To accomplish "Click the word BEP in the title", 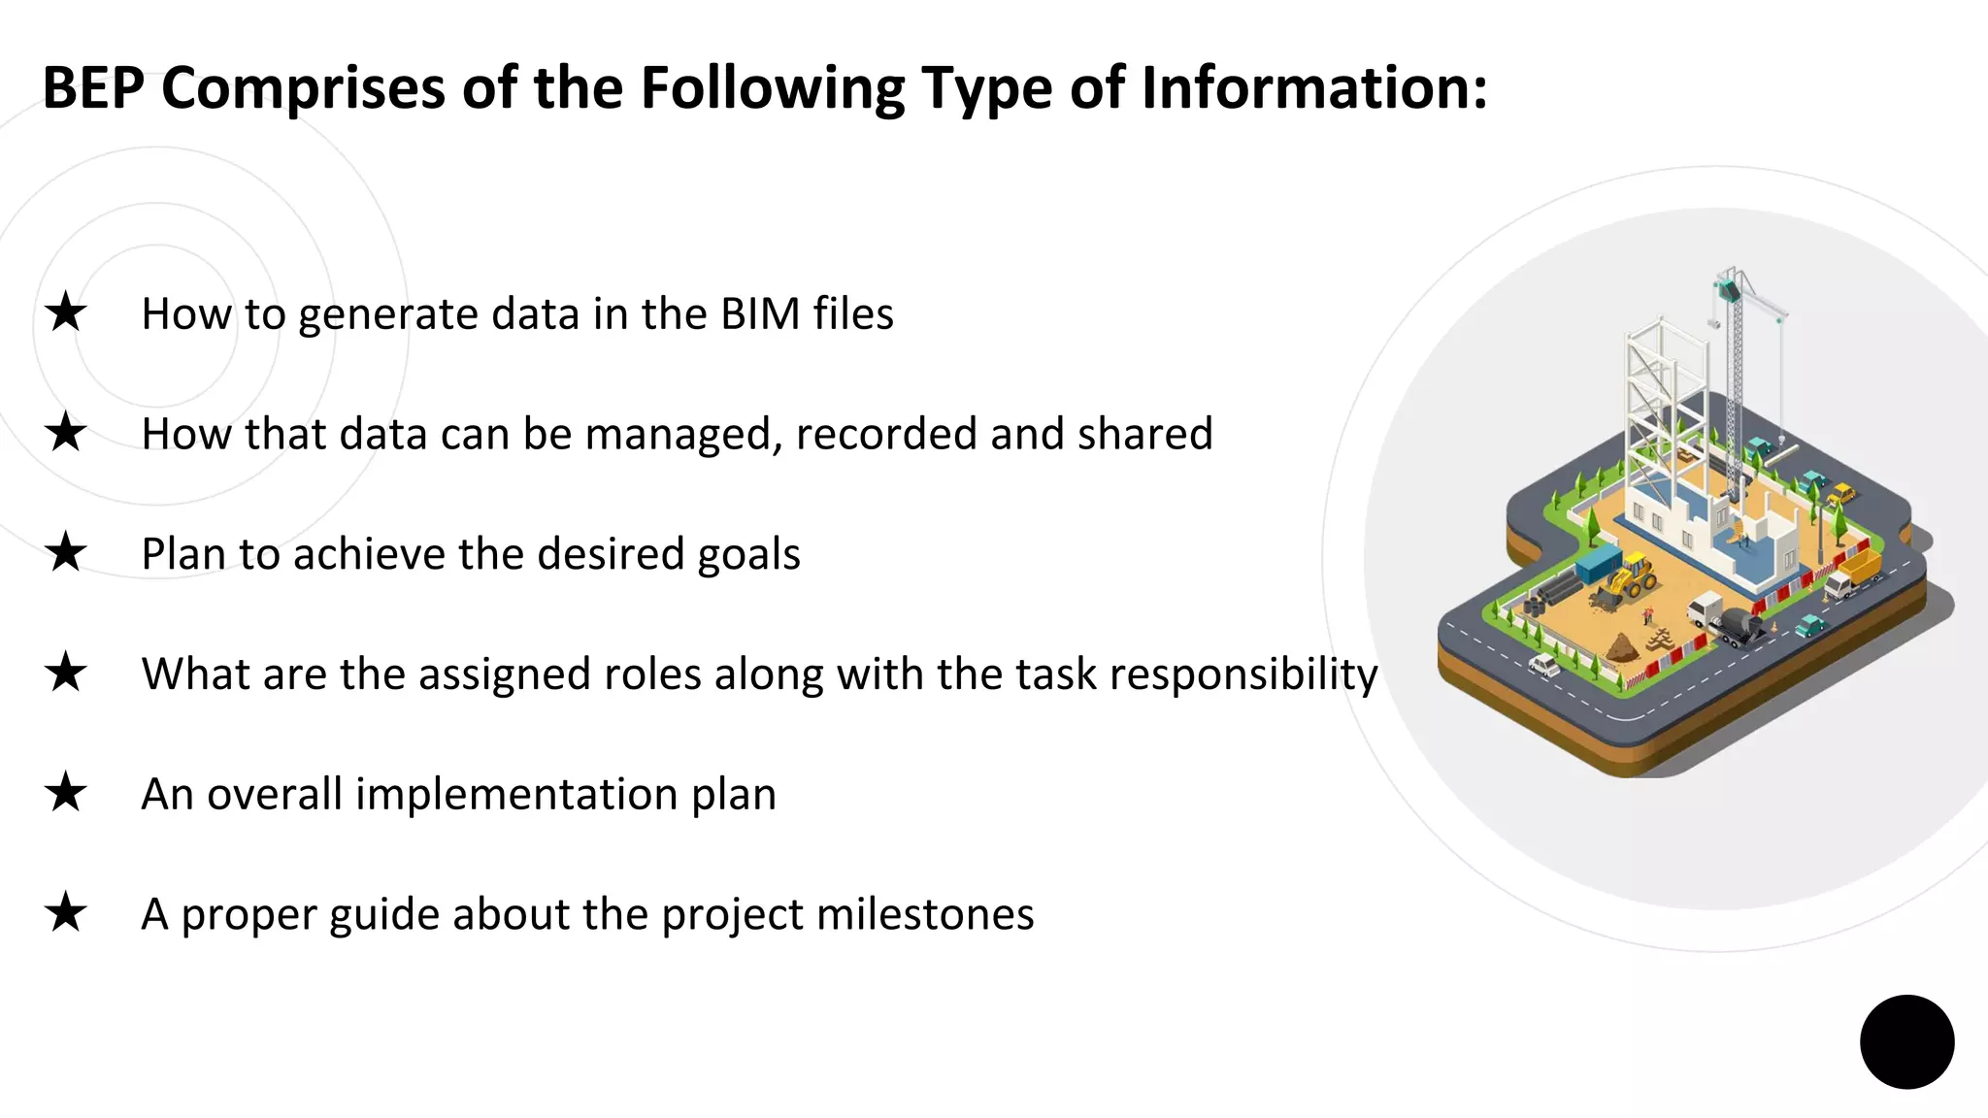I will pyautogui.click(x=93, y=88).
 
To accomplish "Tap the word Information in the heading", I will pyautogui.click(x=1313, y=88).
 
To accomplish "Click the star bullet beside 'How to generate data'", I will pyautogui.click(x=66, y=312).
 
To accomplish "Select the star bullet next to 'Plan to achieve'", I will pyautogui.click(x=66, y=552).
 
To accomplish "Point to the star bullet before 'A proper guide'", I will pyautogui.click(x=66, y=912).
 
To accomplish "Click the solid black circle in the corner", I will pyautogui.click(x=1906, y=1041).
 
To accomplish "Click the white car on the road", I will pyautogui.click(x=1543, y=665).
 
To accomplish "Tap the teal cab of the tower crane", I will pyautogui.click(x=1727, y=289).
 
